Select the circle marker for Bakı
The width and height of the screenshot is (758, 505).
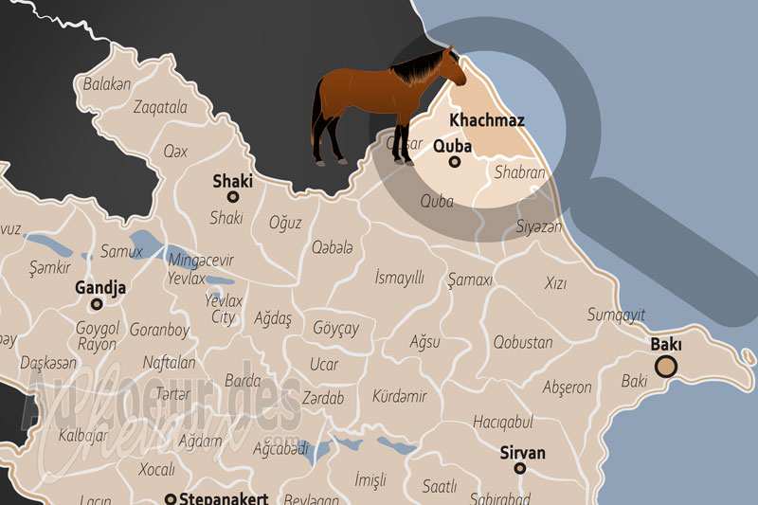[x=667, y=368]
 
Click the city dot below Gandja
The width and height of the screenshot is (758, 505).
[x=96, y=305]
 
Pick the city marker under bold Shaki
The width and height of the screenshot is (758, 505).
[x=232, y=197]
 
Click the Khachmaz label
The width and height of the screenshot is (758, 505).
[x=487, y=121]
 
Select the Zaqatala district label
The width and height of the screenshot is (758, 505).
[x=160, y=107]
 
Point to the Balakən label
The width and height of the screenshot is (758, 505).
[x=106, y=83]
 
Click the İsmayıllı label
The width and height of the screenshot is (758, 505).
[x=399, y=277]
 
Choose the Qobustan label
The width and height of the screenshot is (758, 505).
[x=522, y=342]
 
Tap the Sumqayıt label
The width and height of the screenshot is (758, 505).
[x=616, y=315]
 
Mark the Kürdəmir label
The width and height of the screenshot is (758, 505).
[x=399, y=395]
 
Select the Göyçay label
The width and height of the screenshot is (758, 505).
[x=335, y=328]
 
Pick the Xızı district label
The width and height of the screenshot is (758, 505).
[x=555, y=283]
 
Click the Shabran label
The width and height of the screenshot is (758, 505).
[x=519, y=173]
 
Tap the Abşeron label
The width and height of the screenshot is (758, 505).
[x=567, y=388]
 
